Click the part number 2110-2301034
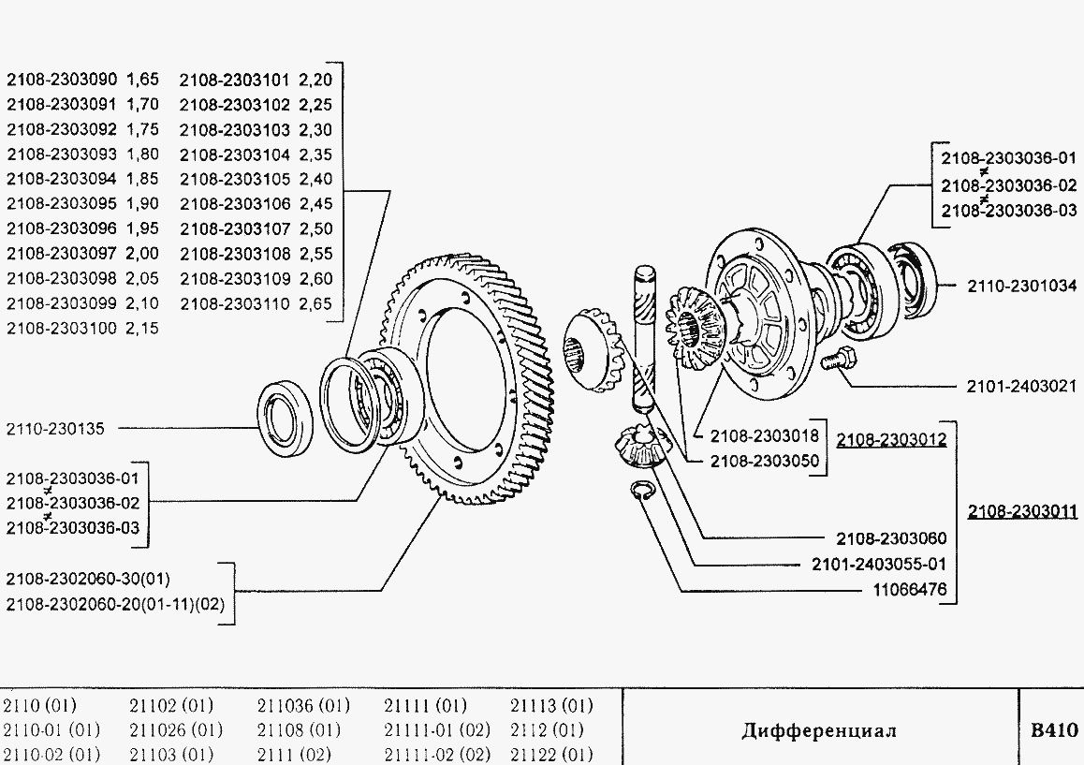1021,286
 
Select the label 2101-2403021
1021,386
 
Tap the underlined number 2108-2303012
891,439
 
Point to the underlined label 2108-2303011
1022,511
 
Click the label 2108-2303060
891,538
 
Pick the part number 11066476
909,590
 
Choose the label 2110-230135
55,429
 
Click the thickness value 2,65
316,303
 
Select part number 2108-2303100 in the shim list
62,329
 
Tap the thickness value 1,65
142,79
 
